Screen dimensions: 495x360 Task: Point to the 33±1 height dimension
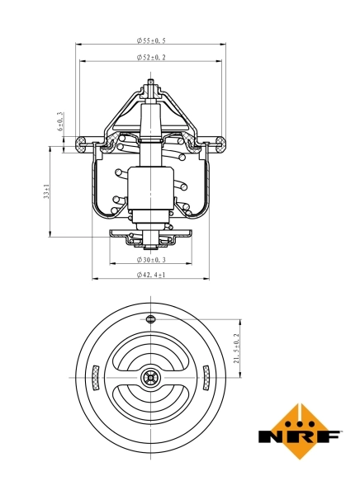coord(48,191)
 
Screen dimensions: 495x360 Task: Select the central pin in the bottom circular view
coord(150,378)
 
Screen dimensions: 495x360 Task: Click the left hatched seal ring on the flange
coord(82,145)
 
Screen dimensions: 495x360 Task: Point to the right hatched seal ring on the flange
coord(219,145)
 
